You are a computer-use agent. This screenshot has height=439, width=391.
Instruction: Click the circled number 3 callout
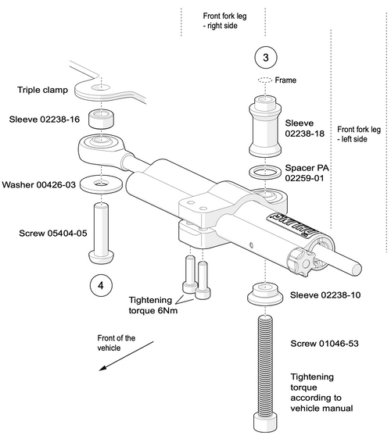265,57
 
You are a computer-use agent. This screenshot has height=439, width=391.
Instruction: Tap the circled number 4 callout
101,286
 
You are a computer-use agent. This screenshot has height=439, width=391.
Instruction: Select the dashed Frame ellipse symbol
265,80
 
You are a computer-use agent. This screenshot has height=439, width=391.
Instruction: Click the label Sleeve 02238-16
45,120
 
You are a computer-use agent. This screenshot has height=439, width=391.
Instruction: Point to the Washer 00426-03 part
101,184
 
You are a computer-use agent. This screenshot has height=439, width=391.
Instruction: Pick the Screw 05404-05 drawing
101,234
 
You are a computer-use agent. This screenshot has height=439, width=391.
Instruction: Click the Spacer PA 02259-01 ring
265,172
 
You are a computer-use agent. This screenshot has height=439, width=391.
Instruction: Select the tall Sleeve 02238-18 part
265,126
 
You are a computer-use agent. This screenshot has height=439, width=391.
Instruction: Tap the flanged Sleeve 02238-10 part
265,294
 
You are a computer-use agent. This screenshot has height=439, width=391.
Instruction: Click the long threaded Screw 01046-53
265,373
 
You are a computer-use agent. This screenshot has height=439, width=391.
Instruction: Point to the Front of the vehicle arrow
127,356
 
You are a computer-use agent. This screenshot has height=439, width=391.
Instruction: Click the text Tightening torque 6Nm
153,305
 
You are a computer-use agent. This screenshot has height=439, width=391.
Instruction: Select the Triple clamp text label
42,90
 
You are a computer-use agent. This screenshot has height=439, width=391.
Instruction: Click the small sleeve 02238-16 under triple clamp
101,119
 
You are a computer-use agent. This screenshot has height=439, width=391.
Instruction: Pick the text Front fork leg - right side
224,21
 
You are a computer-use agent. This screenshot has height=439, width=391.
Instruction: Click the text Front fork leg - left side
359,134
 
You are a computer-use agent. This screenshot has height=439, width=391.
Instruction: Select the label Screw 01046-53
325,344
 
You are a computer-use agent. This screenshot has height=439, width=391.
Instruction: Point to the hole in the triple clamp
101,87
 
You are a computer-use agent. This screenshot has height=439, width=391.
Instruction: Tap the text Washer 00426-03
38,185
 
